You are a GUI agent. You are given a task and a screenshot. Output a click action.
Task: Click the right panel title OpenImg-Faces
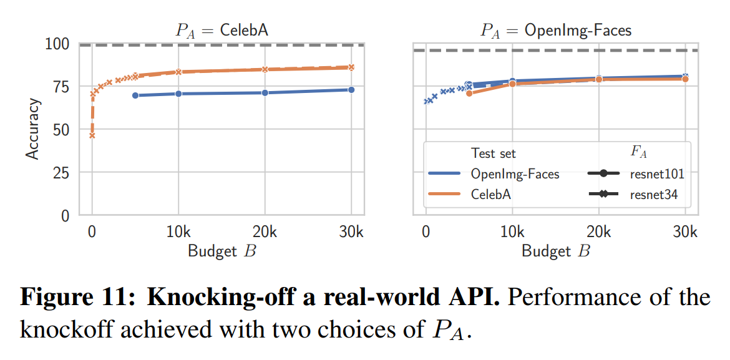coord(555,31)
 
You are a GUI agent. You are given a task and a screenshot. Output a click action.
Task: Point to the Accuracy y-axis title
coord(32,129)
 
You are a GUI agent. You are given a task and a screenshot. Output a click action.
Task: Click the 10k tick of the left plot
coord(178,232)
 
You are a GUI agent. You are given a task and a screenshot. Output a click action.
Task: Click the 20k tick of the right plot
coord(598,232)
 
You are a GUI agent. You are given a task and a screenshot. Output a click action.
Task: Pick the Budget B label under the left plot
coord(221,251)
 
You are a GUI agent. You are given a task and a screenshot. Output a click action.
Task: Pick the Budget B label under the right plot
coord(555,251)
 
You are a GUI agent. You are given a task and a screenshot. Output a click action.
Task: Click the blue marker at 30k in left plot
coord(351,90)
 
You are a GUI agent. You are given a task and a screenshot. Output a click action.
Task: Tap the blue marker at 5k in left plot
coord(135,95)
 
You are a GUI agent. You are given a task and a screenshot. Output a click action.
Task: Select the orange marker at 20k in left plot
coord(265,69)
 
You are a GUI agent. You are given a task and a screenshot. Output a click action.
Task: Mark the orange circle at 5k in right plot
coord(469,93)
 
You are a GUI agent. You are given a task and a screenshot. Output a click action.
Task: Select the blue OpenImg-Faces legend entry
coord(515,174)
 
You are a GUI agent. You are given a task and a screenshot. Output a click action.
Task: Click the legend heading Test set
coord(494,153)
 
